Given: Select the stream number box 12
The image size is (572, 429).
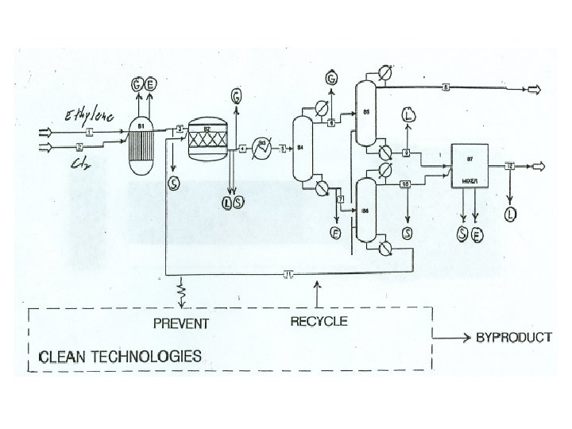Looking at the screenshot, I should (x=511, y=166).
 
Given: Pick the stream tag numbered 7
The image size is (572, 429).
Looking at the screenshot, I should (x=340, y=198).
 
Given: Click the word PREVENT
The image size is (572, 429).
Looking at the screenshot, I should (x=180, y=323).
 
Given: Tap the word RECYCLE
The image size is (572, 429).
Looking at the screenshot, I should (x=319, y=321).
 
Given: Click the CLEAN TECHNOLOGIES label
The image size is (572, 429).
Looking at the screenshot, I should (x=120, y=355).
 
